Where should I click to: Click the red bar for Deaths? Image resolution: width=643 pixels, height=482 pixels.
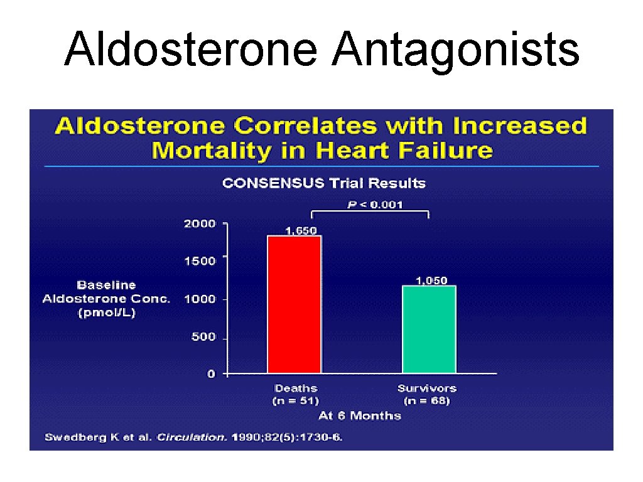(x=294, y=304)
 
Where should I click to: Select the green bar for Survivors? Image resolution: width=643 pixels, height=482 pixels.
(x=429, y=329)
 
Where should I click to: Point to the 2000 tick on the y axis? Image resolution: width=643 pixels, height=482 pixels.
(x=200, y=223)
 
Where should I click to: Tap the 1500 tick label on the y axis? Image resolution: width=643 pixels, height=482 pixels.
(x=200, y=260)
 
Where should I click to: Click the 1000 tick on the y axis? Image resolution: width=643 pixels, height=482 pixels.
(x=200, y=299)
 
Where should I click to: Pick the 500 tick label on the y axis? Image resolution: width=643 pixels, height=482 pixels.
(x=203, y=337)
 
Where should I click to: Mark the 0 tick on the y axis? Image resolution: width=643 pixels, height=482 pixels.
(x=211, y=374)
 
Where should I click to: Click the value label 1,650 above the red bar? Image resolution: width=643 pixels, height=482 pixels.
(x=301, y=230)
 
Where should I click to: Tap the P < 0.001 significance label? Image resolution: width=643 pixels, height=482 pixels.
(x=376, y=204)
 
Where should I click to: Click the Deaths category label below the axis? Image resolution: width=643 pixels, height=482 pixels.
(x=296, y=388)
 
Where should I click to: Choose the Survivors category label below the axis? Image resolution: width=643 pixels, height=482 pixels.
(x=426, y=388)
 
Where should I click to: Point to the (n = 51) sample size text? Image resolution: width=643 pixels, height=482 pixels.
(x=296, y=400)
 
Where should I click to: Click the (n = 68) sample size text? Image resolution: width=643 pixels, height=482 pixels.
(x=426, y=400)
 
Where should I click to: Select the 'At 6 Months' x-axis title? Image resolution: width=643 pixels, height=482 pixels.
(x=359, y=415)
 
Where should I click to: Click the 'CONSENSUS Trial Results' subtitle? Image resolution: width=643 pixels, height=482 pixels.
(x=324, y=183)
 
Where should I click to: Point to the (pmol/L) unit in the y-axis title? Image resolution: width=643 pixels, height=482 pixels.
(x=106, y=312)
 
